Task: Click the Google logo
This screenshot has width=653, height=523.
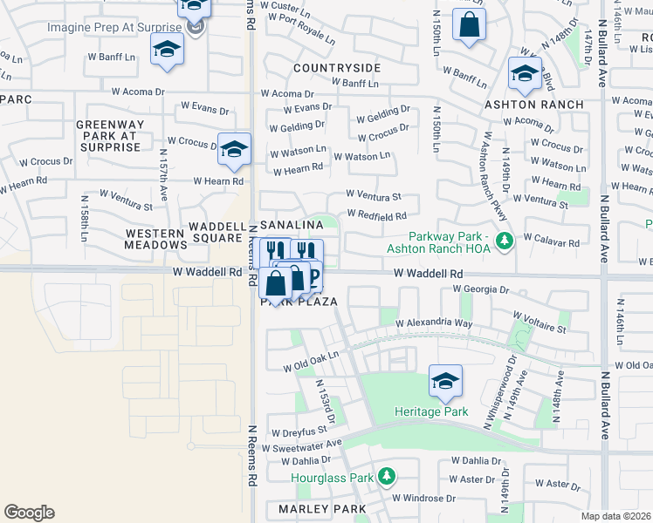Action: pyautogui.click(x=29, y=513)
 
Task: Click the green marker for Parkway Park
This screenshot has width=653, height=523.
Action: pyautogui.click(x=503, y=240)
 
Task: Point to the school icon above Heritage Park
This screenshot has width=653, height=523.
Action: pyautogui.click(x=445, y=381)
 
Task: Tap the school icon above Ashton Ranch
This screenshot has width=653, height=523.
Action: pyautogui.click(x=525, y=74)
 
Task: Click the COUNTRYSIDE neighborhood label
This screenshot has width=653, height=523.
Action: pyautogui.click(x=337, y=67)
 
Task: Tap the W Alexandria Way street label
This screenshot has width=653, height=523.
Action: pyautogui.click(x=434, y=323)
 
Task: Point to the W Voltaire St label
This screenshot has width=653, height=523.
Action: pyautogui.click(x=539, y=322)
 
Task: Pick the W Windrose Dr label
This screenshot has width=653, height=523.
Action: pyautogui.click(x=421, y=499)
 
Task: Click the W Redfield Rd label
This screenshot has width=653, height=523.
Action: pyautogui.click(x=376, y=215)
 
